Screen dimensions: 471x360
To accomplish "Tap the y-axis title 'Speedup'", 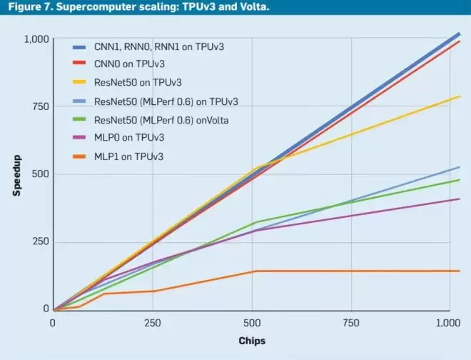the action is [x=17, y=176].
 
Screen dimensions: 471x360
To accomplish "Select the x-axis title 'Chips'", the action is [x=252, y=341].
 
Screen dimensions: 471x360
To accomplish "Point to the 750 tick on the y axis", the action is [x=41, y=106].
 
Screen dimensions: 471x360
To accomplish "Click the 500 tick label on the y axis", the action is [x=41, y=174].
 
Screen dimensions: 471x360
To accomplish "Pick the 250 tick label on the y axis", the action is [x=41, y=241].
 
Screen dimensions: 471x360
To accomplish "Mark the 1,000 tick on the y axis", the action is [x=36, y=39].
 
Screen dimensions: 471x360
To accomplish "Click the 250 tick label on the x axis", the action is [x=153, y=323].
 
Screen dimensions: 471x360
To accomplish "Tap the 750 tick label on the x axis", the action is [x=351, y=323].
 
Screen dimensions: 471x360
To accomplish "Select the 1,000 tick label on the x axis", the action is [x=448, y=323].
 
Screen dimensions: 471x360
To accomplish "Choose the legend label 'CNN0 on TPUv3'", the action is [x=129, y=64].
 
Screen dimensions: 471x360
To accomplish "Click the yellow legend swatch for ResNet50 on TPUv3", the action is [x=79, y=82].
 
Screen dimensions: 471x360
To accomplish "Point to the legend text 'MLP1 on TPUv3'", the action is [x=129, y=156].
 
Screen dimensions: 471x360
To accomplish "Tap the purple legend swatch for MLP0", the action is [x=79, y=137].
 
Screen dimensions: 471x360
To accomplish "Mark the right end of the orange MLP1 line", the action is [x=460, y=271].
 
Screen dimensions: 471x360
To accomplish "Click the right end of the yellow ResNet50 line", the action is [x=460, y=96].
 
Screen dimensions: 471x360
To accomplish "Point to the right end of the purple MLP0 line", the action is [x=460, y=199].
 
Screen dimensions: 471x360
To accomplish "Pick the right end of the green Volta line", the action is [x=460, y=180].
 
